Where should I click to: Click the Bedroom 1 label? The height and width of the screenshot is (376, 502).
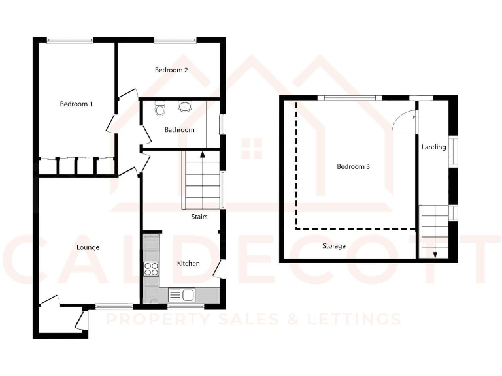pos(76,104)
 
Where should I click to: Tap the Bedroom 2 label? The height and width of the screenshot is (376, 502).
pos(171,70)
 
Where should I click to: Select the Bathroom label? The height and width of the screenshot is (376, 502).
pos(179,130)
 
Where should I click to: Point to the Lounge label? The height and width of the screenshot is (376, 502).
pos(88,247)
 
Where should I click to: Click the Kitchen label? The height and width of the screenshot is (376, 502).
pos(189,264)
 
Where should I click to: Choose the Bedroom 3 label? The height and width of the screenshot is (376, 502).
pos(353,166)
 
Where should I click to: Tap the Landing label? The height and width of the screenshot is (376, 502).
pos(433,148)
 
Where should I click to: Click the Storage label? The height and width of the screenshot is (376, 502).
pos(333,246)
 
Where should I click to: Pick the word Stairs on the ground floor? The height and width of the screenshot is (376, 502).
pos(199,217)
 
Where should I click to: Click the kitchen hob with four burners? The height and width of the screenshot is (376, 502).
pos(151,268)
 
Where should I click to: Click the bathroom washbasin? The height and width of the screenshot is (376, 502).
pos(185,106)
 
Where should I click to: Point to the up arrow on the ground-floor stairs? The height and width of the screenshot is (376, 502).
pos(203,155)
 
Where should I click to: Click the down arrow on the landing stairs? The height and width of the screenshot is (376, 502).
pos(433,253)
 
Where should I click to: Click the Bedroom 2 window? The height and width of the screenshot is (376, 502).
pos(175,40)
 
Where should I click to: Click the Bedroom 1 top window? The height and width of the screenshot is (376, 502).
pos(69,40)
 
